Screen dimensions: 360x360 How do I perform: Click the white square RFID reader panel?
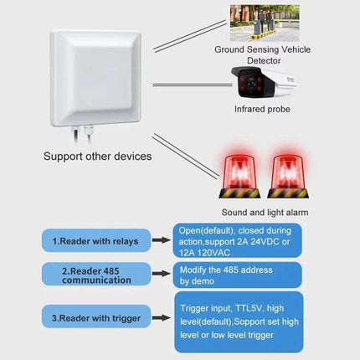101,76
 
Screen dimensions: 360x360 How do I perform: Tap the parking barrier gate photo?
265,23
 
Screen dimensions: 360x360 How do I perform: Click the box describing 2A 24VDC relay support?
237,239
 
